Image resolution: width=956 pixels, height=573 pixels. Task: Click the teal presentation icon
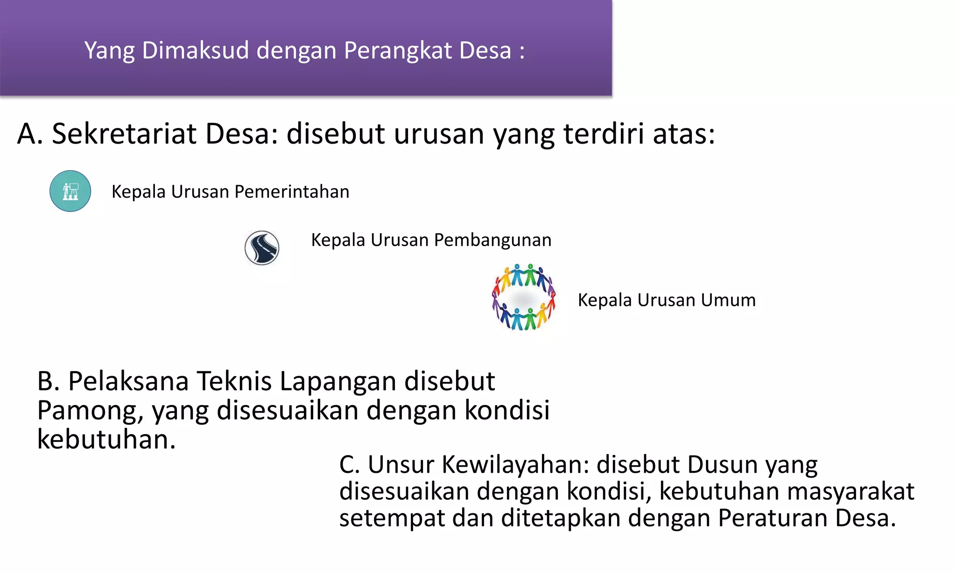(70, 191)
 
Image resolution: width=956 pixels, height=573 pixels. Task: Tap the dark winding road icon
(262, 248)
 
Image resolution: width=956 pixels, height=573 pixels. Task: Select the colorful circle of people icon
(524, 297)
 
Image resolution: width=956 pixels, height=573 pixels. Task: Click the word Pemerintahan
(292, 192)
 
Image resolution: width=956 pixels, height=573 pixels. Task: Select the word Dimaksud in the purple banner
(196, 50)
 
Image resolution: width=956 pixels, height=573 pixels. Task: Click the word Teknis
(234, 381)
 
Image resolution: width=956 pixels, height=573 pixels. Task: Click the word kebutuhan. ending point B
(106, 440)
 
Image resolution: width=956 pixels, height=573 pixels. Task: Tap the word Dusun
(722, 465)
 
